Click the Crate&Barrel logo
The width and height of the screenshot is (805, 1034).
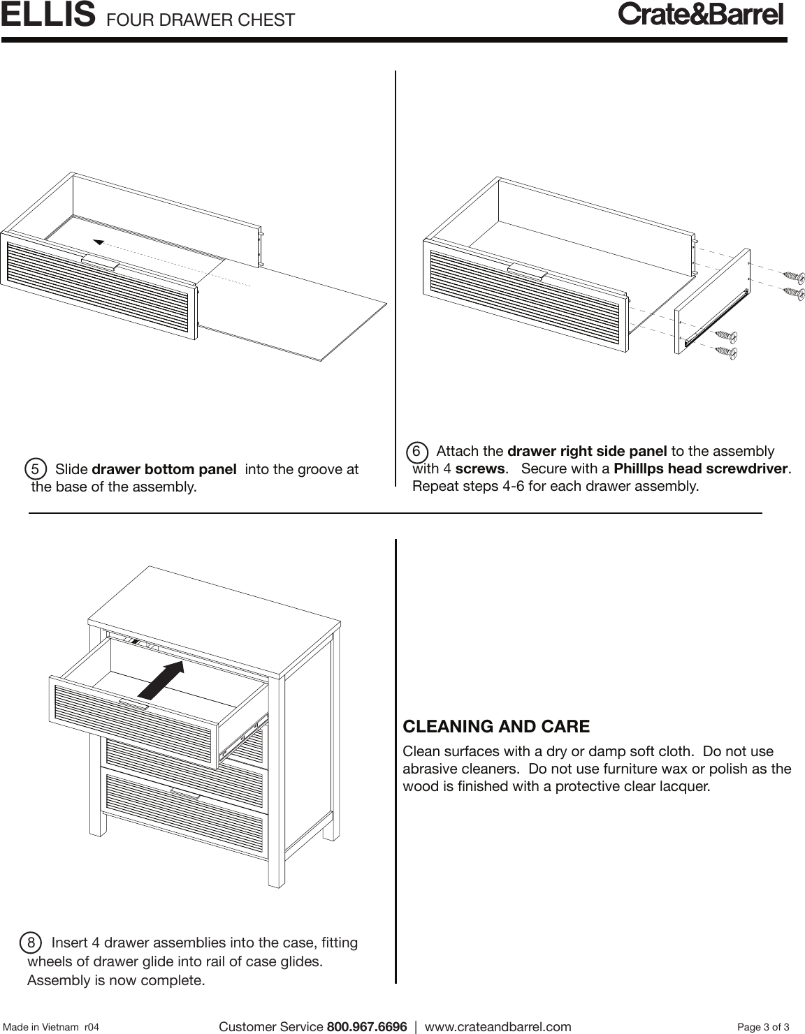click(x=701, y=15)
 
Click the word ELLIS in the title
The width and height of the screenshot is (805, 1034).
click(x=48, y=15)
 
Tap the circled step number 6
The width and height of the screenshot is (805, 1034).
click(x=416, y=451)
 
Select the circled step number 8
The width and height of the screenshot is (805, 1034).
click(x=31, y=943)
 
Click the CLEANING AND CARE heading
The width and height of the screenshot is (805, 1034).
click(x=496, y=726)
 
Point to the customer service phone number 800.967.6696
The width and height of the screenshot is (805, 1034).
click(x=366, y=1026)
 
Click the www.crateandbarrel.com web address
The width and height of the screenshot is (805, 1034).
click(x=498, y=1026)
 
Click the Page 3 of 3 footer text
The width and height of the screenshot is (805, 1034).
click(x=763, y=1026)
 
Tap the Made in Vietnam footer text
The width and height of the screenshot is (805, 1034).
click(x=51, y=1027)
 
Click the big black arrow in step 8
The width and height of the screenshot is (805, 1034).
click(x=161, y=679)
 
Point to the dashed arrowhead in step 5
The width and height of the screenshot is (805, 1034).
click(x=99, y=242)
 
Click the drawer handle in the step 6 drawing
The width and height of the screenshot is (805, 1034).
click(x=527, y=272)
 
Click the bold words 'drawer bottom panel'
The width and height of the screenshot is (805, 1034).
click(x=164, y=469)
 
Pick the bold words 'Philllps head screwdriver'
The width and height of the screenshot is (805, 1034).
click(x=700, y=468)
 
